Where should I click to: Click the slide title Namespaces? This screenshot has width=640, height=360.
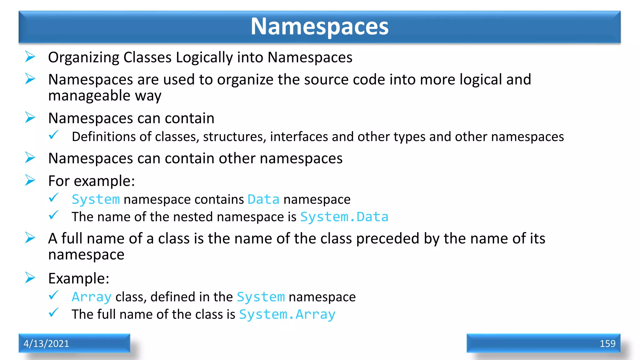(x=319, y=27)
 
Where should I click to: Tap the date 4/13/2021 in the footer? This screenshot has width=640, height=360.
(x=46, y=343)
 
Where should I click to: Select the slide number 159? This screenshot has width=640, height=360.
(x=607, y=343)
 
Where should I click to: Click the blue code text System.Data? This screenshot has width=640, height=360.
(x=344, y=217)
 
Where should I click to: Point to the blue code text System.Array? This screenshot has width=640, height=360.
(x=287, y=314)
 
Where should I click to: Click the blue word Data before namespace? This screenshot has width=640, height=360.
(x=263, y=199)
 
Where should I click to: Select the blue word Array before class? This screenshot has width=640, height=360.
(x=92, y=297)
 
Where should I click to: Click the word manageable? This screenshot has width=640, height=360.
(x=89, y=95)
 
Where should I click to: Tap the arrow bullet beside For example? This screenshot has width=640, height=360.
(x=30, y=180)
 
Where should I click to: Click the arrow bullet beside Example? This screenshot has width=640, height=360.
(x=30, y=278)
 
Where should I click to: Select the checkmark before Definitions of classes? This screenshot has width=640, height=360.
(x=54, y=135)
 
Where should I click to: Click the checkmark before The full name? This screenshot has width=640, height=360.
(x=54, y=312)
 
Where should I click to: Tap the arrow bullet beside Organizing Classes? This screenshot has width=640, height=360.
(x=30, y=57)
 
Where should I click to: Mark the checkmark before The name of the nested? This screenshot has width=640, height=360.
(x=54, y=215)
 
